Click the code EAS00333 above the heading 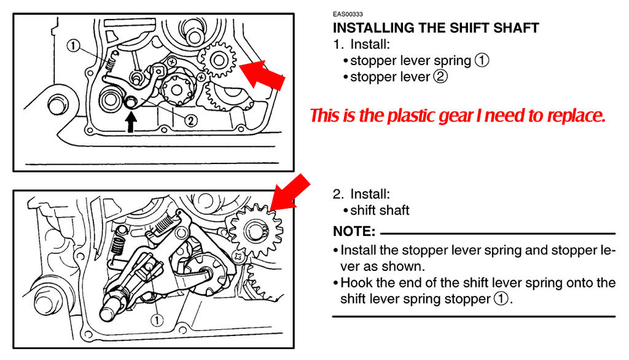[x=348, y=14]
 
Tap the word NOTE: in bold [x=354, y=232]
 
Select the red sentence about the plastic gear [x=457, y=115]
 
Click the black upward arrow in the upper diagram [x=131, y=122]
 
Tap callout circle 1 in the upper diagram [x=73, y=45]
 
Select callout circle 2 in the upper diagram [x=190, y=120]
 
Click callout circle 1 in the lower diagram [x=157, y=320]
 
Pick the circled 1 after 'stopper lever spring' [x=482, y=61]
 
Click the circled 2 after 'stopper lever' [x=440, y=77]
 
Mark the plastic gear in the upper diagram [x=218, y=60]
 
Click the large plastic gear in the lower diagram [x=256, y=231]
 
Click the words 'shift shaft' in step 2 [x=380, y=210]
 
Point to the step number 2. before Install [x=338, y=194]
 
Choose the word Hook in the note [x=357, y=283]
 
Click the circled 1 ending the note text [x=501, y=299]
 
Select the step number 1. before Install [x=338, y=45]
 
